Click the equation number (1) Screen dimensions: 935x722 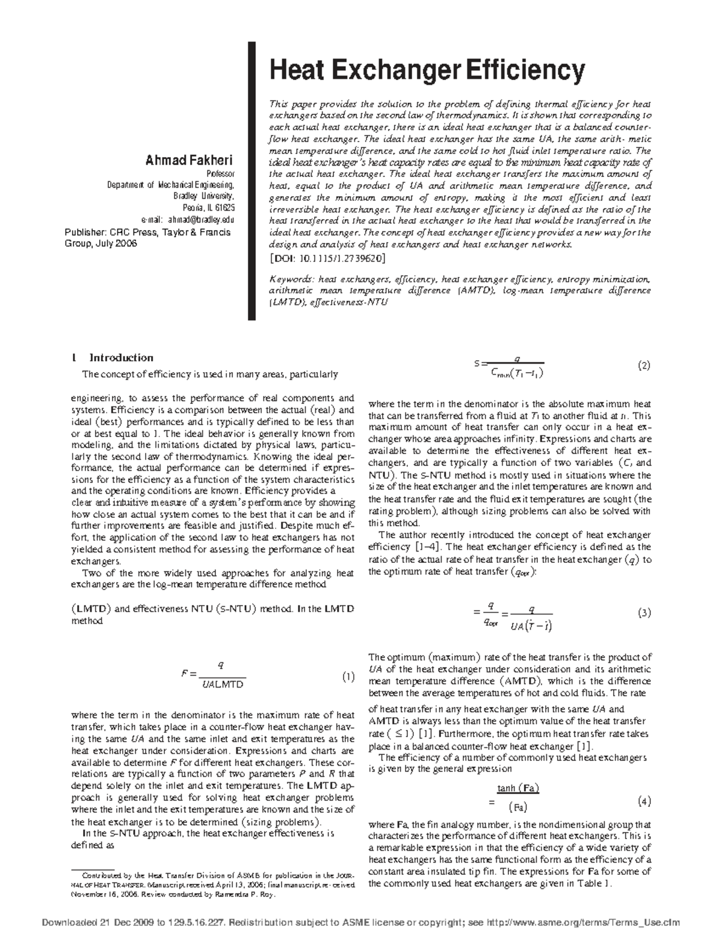(x=348, y=677)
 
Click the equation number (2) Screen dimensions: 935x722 (x=643, y=365)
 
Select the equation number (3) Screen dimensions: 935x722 (x=643, y=613)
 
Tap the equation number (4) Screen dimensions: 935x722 (x=643, y=801)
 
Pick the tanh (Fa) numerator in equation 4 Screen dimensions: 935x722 (x=518, y=788)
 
